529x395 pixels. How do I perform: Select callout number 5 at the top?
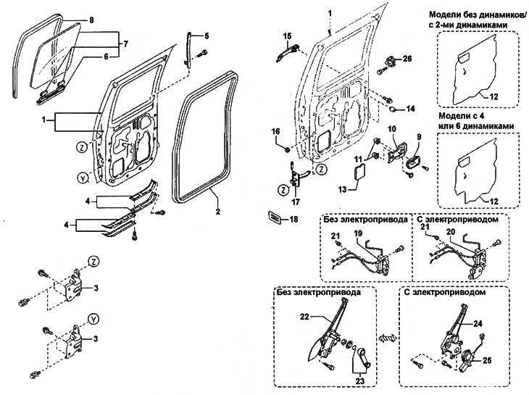[x=206, y=36]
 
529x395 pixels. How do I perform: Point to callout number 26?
[x=407, y=58]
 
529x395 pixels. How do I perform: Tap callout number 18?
[x=293, y=219]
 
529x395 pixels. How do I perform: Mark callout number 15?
[x=287, y=36]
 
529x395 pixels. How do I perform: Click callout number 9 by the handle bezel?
[x=418, y=136]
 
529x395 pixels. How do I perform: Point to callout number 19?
[x=357, y=233]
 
